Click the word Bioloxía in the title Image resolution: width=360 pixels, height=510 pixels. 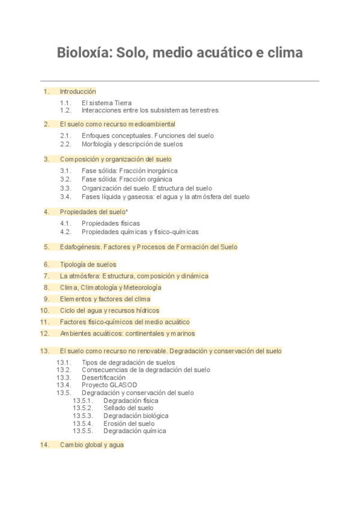pyautogui.click(x=84, y=53)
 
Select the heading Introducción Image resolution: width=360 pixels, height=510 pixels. pyautogui.click(x=78, y=91)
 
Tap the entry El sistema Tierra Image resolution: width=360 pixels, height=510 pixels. pyautogui.click(x=106, y=103)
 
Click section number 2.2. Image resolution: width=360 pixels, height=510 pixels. pyautogui.click(x=66, y=144)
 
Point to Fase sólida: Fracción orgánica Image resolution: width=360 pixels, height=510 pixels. pyautogui.click(x=127, y=179)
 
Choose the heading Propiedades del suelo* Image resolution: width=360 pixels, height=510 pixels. pyautogui.click(x=94, y=212)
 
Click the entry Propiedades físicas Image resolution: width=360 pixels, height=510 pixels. pyautogui.click(x=111, y=223)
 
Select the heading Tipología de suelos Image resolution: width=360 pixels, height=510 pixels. pyautogui.click(x=88, y=264)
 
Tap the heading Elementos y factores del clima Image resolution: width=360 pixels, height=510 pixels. pyautogui.click(x=105, y=299)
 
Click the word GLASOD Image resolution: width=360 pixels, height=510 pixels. pyautogui.click(x=123, y=385)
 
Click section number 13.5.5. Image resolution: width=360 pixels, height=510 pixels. pyautogui.click(x=82, y=431)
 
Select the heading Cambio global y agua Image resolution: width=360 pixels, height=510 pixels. pyautogui.click(x=91, y=445)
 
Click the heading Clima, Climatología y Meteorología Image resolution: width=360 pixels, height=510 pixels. pyautogui.click(x=111, y=287)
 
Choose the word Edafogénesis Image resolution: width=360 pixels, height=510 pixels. pyautogui.click(x=80, y=247)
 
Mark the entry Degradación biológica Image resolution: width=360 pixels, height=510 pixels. pyautogui.click(x=136, y=416)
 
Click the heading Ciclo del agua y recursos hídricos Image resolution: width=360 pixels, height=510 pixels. pyautogui.click(x=109, y=310)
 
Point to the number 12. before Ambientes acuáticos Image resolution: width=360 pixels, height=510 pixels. pyautogui.click(x=44, y=333)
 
